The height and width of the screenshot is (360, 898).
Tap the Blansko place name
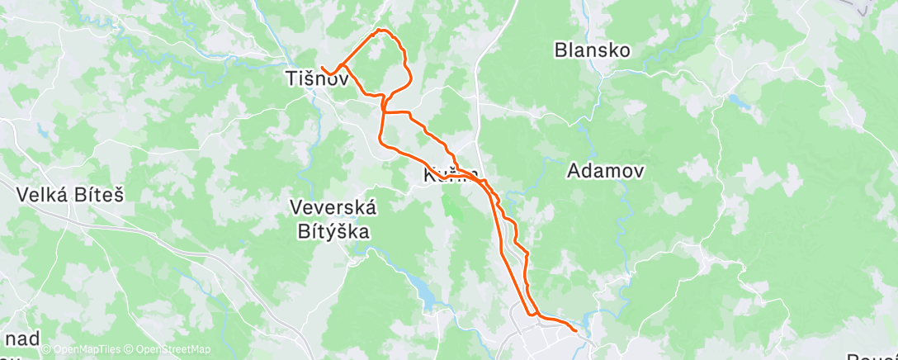(x=592, y=50)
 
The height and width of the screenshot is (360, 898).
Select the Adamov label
(x=606, y=171)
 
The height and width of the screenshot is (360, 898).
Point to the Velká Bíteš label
(x=70, y=195)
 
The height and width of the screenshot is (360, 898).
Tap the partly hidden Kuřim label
(x=450, y=175)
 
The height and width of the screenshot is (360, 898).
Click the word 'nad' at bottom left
(x=20, y=339)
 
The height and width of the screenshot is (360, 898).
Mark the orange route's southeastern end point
(x=574, y=331)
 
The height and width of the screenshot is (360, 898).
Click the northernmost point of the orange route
(x=380, y=30)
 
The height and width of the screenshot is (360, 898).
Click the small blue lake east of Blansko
(x=738, y=102)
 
